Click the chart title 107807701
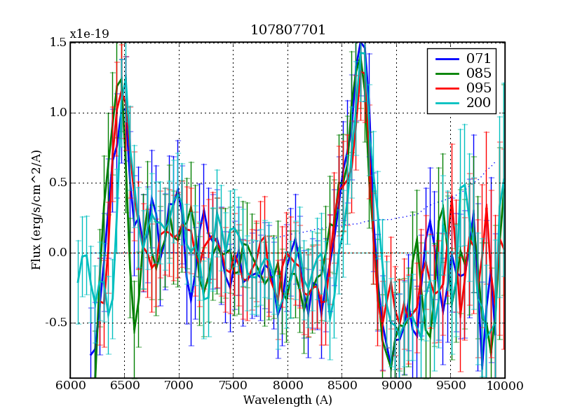pyautogui.click(x=288, y=31)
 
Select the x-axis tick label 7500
pyautogui.click(x=233, y=386)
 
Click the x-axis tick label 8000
pyautogui.click(x=288, y=386)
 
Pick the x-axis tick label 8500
pyautogui.click(x=342, y=386)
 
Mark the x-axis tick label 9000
pyautogui.click(x=396, y=386)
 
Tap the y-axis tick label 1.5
pyautogui.click(x=58, y=43)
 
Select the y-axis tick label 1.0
pyautogui.click(x=58, y=113)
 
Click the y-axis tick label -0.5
pyautogui.click(x=56, y=323)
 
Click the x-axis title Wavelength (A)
pyautogui.click(x=288, y=400)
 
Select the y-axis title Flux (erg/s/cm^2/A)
pyautogui.click(x=36, y=210)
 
